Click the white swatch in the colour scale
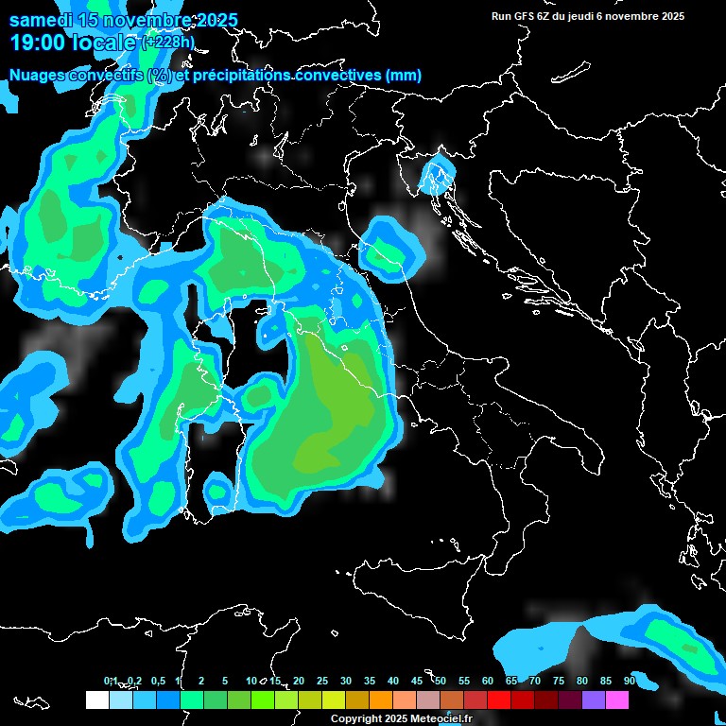tap(96, 700)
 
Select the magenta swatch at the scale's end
tap(617, 700)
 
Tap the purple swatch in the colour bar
tap(594, 700)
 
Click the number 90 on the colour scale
tap(630, 681)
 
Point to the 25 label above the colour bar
tap(322, 681)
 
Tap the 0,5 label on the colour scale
tap(158, 681)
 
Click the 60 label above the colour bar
tap(488, 681)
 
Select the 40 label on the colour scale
tap(393, 681)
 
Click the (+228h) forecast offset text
tap(167, 42)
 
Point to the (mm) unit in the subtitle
tap(404, 75)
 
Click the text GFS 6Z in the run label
tap(534, 16)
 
